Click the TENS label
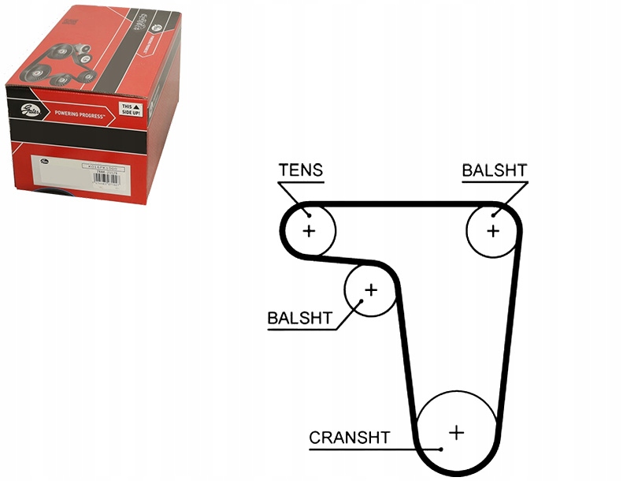pos(301,170)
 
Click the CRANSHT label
pos(349,438)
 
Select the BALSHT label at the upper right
pos(494,170)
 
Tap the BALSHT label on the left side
pos(299,319)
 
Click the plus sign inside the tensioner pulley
pos(309,231)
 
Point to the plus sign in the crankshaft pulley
pos(456,432)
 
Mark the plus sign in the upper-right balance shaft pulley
pos(493,230)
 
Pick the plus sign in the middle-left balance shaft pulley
pos(370,289)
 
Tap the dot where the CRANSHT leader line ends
pos(442,449)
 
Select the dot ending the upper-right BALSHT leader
pos(494,214)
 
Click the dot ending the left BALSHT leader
pos(362,300)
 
